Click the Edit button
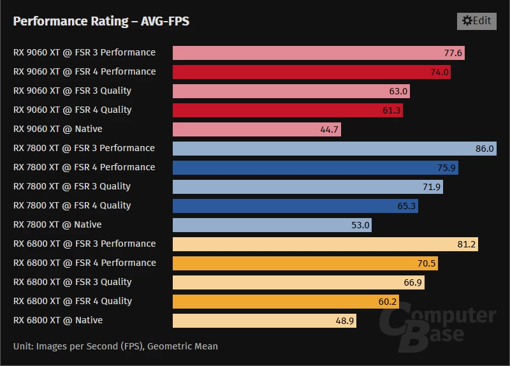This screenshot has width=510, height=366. coord(476,21)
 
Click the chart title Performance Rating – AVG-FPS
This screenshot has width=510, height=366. coord(101,22)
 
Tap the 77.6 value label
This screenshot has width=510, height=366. coord(453,53)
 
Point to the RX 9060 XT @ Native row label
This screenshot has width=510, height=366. coord(57,129)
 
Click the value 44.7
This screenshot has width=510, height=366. coord(330,129)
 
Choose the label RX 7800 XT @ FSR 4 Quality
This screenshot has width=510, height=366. coord(72,205)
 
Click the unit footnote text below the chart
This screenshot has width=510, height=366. coord(115,346)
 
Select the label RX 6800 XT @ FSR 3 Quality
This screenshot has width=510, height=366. coord(72,282)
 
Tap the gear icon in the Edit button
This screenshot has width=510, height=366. coord(467,21)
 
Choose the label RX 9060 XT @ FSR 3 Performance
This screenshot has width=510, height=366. coord(84,52)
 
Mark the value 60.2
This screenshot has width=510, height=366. coord(388,302)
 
